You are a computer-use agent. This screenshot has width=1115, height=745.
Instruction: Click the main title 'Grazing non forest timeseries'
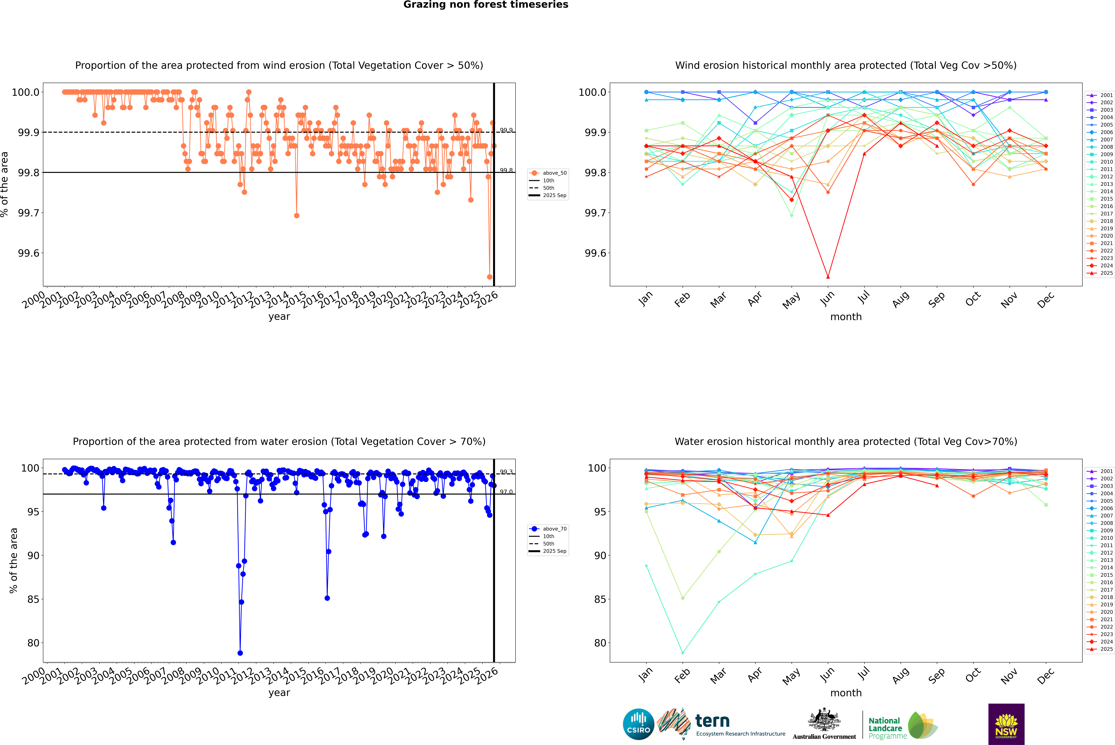486,5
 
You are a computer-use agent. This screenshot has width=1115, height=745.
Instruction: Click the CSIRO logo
638,724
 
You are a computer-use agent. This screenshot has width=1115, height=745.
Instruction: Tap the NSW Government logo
1006,724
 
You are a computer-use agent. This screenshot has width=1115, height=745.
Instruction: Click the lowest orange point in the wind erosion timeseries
490,277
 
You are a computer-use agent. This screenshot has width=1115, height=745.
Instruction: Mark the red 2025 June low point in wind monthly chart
828,277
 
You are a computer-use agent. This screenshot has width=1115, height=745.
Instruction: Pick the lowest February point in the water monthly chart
682,653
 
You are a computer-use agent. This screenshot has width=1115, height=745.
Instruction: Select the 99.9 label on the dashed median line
506,130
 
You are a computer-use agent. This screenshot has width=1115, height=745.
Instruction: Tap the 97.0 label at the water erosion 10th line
506,492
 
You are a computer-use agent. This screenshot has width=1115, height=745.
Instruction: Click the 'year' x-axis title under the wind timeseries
279,316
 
